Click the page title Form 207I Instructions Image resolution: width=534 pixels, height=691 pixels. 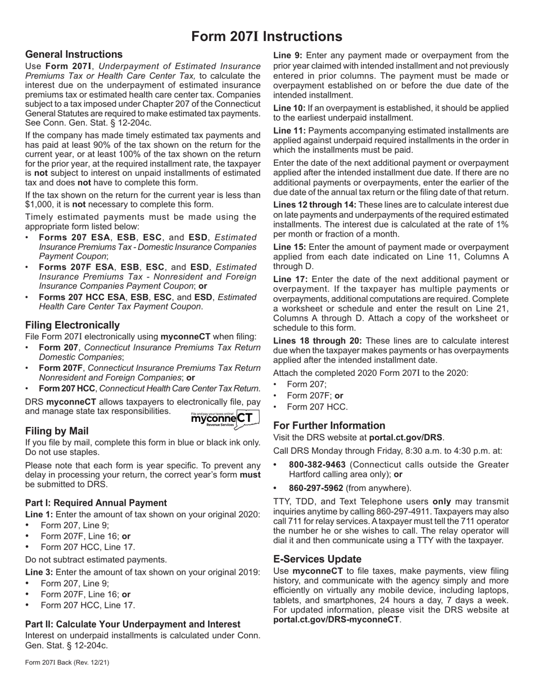click(x=266, y=37)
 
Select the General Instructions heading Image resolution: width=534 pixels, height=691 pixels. click(x=74, y=54)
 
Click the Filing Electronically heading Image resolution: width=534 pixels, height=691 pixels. click(x=73, y=325)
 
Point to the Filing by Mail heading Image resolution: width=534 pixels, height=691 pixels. click(x=57, y=431)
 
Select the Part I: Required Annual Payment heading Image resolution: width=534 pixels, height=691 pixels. click(x=96, y=503)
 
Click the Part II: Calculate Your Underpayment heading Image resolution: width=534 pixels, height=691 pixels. click(x=133, y=624)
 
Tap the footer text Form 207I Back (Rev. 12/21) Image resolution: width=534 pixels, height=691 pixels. click(x=67, y=663)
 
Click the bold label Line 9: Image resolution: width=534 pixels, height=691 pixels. click(x=288, y=55)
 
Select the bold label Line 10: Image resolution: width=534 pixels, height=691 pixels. click(x=289, y=107)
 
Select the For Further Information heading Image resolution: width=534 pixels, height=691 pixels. click(x=329, y=425)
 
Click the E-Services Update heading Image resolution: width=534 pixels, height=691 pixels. click(x=317, y=559)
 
